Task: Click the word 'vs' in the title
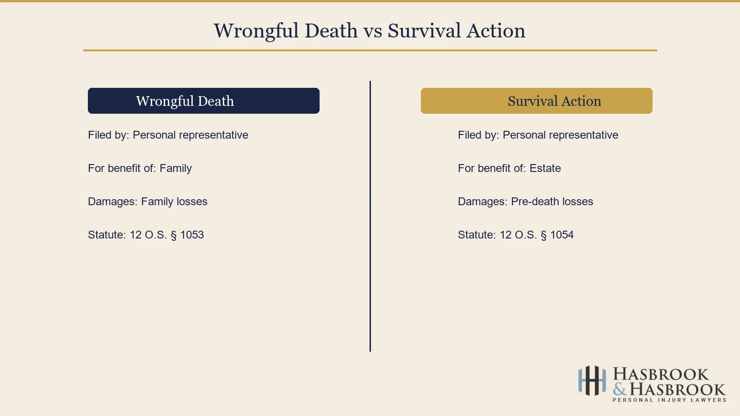372,31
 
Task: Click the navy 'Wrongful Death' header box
203,101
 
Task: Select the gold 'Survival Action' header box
536,101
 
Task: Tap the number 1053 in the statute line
192,235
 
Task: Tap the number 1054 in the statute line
562,235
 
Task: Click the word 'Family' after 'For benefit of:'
175,168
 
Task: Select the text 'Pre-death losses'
552,202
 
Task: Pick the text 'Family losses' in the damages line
174,202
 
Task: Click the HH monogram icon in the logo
592,380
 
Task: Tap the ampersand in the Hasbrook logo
620,390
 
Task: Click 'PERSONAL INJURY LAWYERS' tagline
669,400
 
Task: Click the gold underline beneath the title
370,50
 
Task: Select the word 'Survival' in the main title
424,31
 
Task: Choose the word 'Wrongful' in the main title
256,31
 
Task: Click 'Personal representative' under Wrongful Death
190,135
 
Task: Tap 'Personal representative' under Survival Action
560,135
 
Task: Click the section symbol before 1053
173,235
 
